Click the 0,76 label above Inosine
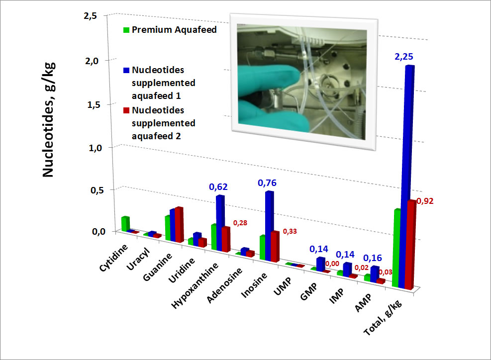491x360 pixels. [x=267, y=183]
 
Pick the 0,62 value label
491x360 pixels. [x=217, y=187]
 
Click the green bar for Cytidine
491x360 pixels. [x=125, y=224]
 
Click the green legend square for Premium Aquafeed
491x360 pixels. [x=126, y=30]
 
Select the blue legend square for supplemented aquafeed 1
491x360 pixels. [x=126, y=71]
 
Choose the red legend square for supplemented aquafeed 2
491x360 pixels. [x=126, y=110]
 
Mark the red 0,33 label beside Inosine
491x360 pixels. [x=290, y=231]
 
